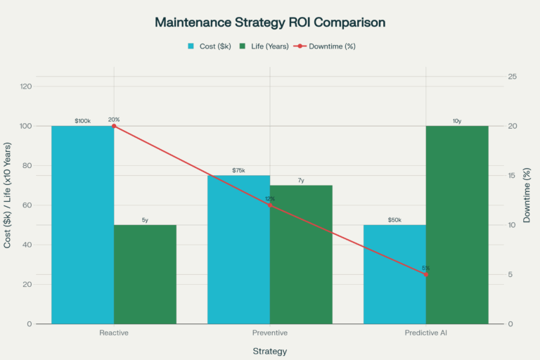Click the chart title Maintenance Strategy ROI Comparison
270,22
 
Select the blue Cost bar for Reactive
82,225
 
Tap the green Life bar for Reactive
145,274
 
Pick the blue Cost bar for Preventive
238,250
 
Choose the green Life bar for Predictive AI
457,225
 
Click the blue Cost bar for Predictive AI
394,274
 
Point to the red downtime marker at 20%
114,126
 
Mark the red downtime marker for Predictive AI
426,274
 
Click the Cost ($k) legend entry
212,46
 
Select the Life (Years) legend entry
268,46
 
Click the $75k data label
238,171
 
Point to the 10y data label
457,121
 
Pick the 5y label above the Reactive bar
145,220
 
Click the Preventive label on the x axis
270,332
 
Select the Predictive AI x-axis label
426,332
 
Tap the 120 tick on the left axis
25,86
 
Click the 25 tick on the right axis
513,77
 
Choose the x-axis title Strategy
270,350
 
